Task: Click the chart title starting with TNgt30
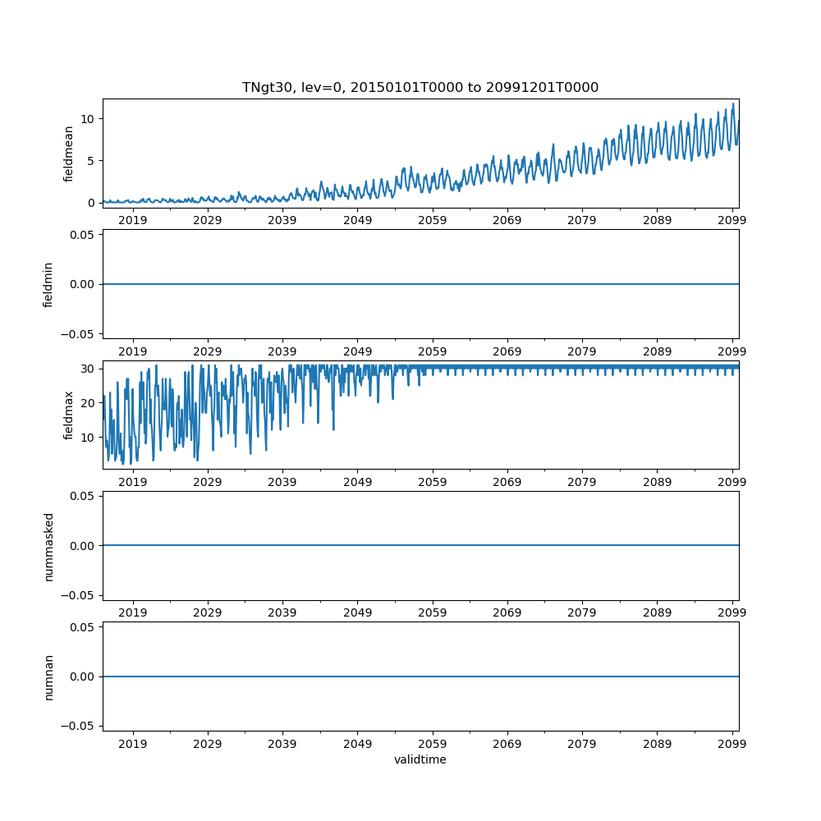[420, 87]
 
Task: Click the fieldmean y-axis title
[69, 154]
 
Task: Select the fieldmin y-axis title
[48, 284]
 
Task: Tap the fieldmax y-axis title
[69, 415]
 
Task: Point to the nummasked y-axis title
[48, 546]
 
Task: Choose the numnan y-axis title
[48, 677]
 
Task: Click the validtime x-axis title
[420, 760]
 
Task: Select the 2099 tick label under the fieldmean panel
[732, 221]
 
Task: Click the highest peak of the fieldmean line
[733, 104]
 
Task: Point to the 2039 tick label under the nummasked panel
[282, 613]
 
